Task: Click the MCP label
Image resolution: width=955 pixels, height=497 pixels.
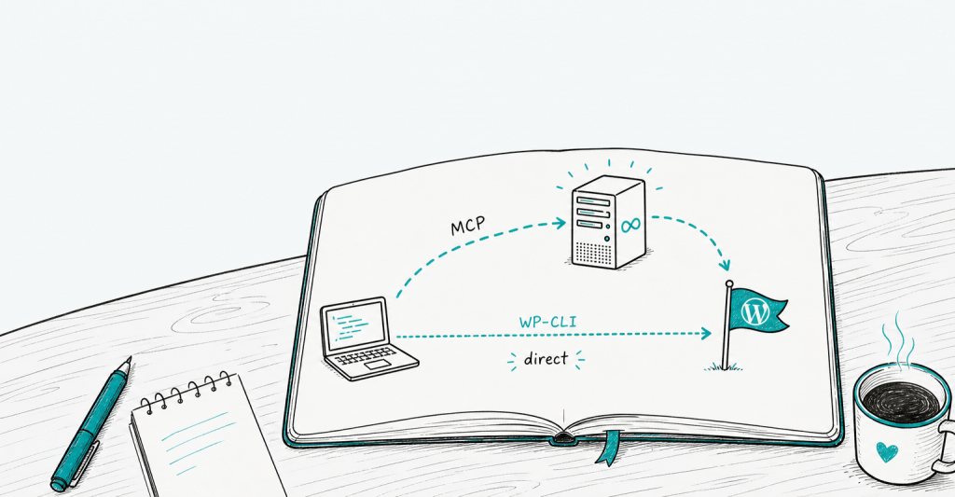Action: (468, 226)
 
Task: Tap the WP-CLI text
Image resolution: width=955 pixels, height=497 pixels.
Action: (547, 322)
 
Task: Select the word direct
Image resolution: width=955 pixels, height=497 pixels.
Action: (546, 359)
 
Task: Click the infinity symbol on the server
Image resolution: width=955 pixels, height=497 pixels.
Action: (631, 226)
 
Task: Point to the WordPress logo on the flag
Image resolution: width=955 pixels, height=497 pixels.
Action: (755, 312)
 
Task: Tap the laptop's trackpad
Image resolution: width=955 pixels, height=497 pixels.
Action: (379, 365)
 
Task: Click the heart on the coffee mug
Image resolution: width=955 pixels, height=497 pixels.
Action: (887, 451)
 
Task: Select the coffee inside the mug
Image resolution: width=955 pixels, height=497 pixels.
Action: (901, 402)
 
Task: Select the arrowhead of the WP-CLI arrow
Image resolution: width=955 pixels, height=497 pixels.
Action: (706, 333)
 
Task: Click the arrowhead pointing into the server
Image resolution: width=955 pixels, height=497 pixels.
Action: (561, 223)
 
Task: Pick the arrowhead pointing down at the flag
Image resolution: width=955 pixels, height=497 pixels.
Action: (724, 266)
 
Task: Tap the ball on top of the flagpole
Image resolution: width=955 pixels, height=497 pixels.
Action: (728, 283)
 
